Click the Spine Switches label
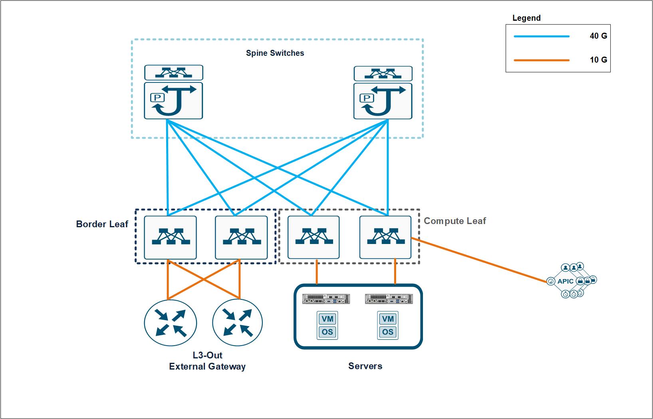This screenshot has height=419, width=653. [275, 53]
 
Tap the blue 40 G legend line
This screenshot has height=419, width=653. [541, 36]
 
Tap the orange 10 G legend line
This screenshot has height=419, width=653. [541, 60]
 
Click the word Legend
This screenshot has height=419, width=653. [526, 18]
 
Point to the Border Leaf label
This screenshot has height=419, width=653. [102, 224]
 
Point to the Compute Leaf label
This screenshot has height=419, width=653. [455, 221]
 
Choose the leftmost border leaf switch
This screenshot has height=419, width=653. [170, 237]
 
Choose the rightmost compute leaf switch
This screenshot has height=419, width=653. [385, 237]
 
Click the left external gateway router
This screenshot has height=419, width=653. [170, 323]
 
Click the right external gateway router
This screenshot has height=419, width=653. [238, 323]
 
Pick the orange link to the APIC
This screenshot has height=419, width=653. [479, 260]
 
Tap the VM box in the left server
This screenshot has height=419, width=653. [327, 319]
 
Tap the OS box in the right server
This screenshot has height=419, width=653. [387, 332]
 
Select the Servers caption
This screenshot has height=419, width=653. [365, 366]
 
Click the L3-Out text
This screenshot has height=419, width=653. [207, 355]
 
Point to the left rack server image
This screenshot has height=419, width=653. [326, 299]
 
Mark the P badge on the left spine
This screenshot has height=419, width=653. [157, 98]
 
